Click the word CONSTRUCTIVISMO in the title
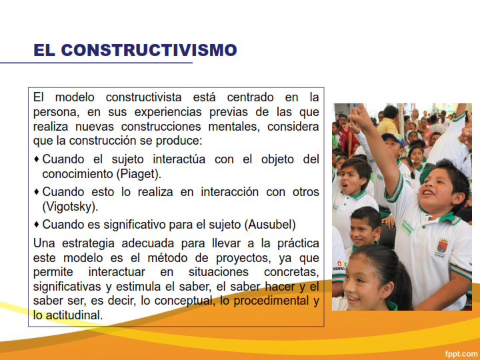[149, 50]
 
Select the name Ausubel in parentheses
[271, 224]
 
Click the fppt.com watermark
[461, 353]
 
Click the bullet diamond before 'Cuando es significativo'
[37, 225]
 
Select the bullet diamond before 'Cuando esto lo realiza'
[37, 192]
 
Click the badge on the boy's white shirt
[442, 248]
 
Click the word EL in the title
[45, 50]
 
